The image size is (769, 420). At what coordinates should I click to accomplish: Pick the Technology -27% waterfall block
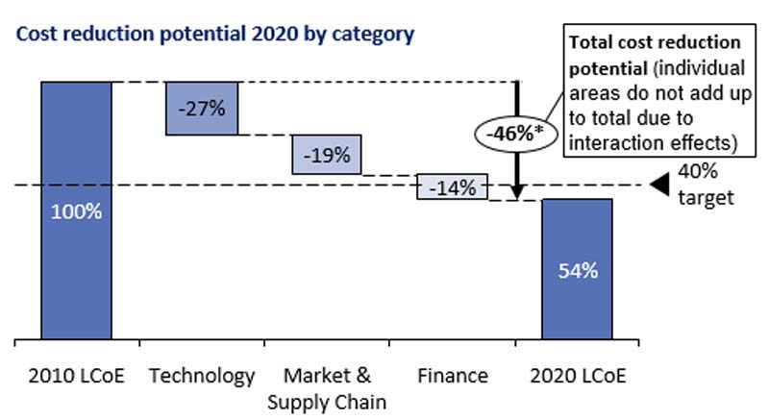pos(201,108)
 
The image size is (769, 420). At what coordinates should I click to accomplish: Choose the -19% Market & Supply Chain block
pos(327,154)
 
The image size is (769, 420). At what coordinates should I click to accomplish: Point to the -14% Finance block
pos(452,187)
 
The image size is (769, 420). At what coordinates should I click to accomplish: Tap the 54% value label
pos(578,270)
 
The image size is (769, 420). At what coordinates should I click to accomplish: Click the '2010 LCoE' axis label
pos(77,375)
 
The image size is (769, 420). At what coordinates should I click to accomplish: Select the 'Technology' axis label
pos(202,375)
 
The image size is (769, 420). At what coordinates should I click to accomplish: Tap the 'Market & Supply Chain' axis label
pos(327,386)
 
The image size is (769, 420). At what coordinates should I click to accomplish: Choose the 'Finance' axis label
pos(453,375)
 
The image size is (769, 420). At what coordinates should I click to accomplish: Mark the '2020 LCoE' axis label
pos(577,375)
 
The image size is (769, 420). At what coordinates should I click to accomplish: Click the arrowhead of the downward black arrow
pos(516,194)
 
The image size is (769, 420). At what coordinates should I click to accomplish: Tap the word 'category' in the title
pos(376,36)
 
